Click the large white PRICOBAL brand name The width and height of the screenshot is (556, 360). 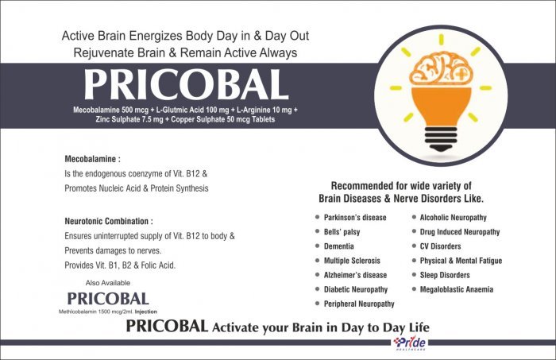click(x=186, y=85)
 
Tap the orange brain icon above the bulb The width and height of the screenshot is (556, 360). click(x=441, y=69)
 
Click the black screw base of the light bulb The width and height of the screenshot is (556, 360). click(x=441, y=139)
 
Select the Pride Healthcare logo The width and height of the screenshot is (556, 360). click(x=410, y=343)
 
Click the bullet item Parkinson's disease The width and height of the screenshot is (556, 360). click(x=355, y=218)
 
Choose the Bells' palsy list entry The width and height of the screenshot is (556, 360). click(x=342, y=232)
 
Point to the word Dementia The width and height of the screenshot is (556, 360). click(x=338, y=246)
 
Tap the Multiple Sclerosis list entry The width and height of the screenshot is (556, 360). click(x=352, y=261)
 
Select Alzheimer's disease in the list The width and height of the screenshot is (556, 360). click(x=355, y=275)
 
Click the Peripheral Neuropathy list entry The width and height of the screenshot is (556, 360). click(x=359, y=304)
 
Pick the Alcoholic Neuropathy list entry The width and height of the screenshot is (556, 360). click(x=454, y=218)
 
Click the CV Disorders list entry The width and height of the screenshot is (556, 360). click(x=440, y=246)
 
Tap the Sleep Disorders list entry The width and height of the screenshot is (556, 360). click(x=445, y=275)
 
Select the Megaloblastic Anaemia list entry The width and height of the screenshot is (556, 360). click(x=457, y=289)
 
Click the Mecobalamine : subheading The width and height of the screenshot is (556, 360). click(x=93, y=159)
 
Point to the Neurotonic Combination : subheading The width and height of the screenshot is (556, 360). click(x=109, y=221)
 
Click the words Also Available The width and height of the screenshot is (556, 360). click(x=108, y=283)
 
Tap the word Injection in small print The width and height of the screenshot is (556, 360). click(x=145, y=312)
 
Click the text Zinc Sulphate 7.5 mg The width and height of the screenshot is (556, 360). click(x=129, y=119)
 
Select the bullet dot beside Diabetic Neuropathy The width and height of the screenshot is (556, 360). click(x=318, y=289)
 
